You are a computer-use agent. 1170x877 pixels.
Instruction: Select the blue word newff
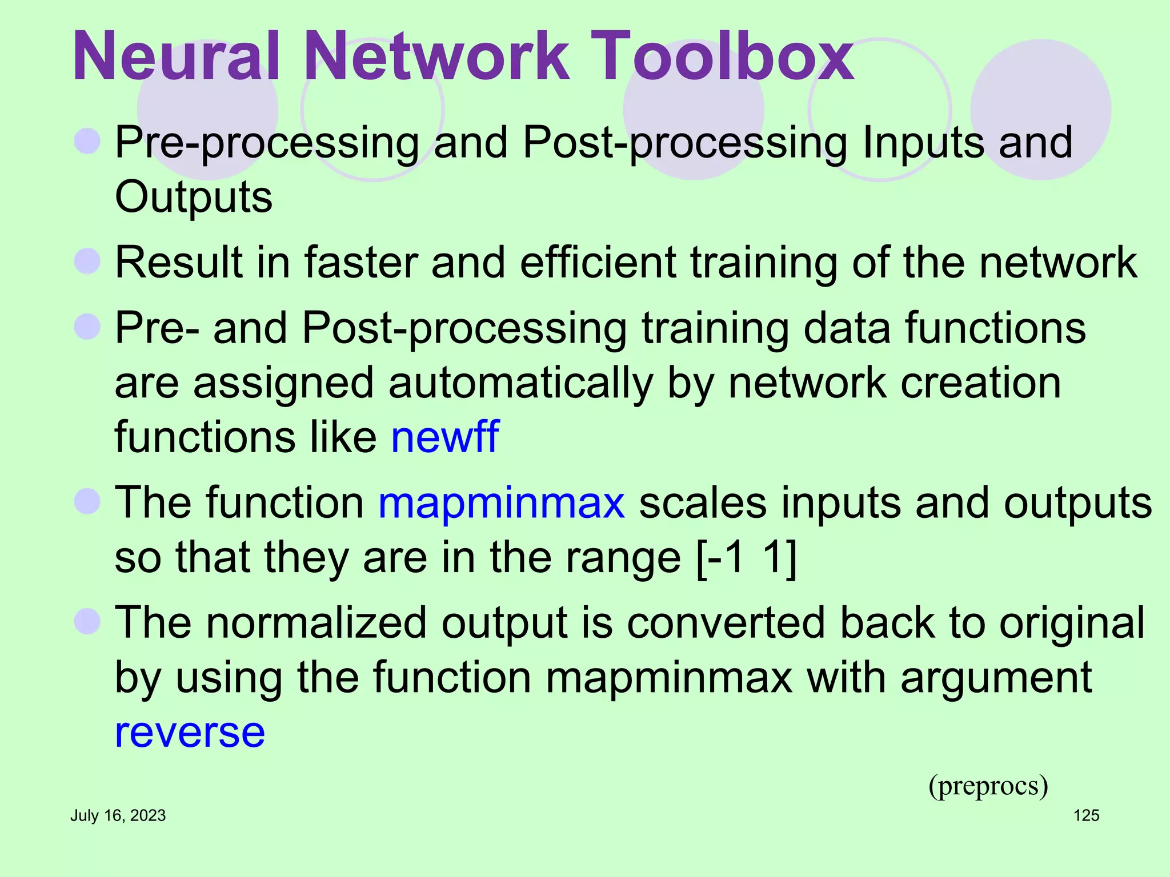point(444,437)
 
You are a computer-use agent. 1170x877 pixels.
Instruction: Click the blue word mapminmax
point(502,503)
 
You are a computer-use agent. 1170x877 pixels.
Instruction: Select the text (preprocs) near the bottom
point(988,786)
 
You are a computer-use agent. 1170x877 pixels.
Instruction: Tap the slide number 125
point(1086,815)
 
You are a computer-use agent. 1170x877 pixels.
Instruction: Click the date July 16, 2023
point(118,815)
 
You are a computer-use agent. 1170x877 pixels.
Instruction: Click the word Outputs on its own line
point(194,197)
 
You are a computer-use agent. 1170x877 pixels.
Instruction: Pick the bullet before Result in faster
point(87,262)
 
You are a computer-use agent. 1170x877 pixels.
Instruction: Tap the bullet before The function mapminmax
point(87,501)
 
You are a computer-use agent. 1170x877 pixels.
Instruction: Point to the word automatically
point(520,384)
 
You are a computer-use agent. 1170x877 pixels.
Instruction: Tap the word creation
point(980,383)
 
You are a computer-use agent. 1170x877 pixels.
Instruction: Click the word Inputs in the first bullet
point(923,143)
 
